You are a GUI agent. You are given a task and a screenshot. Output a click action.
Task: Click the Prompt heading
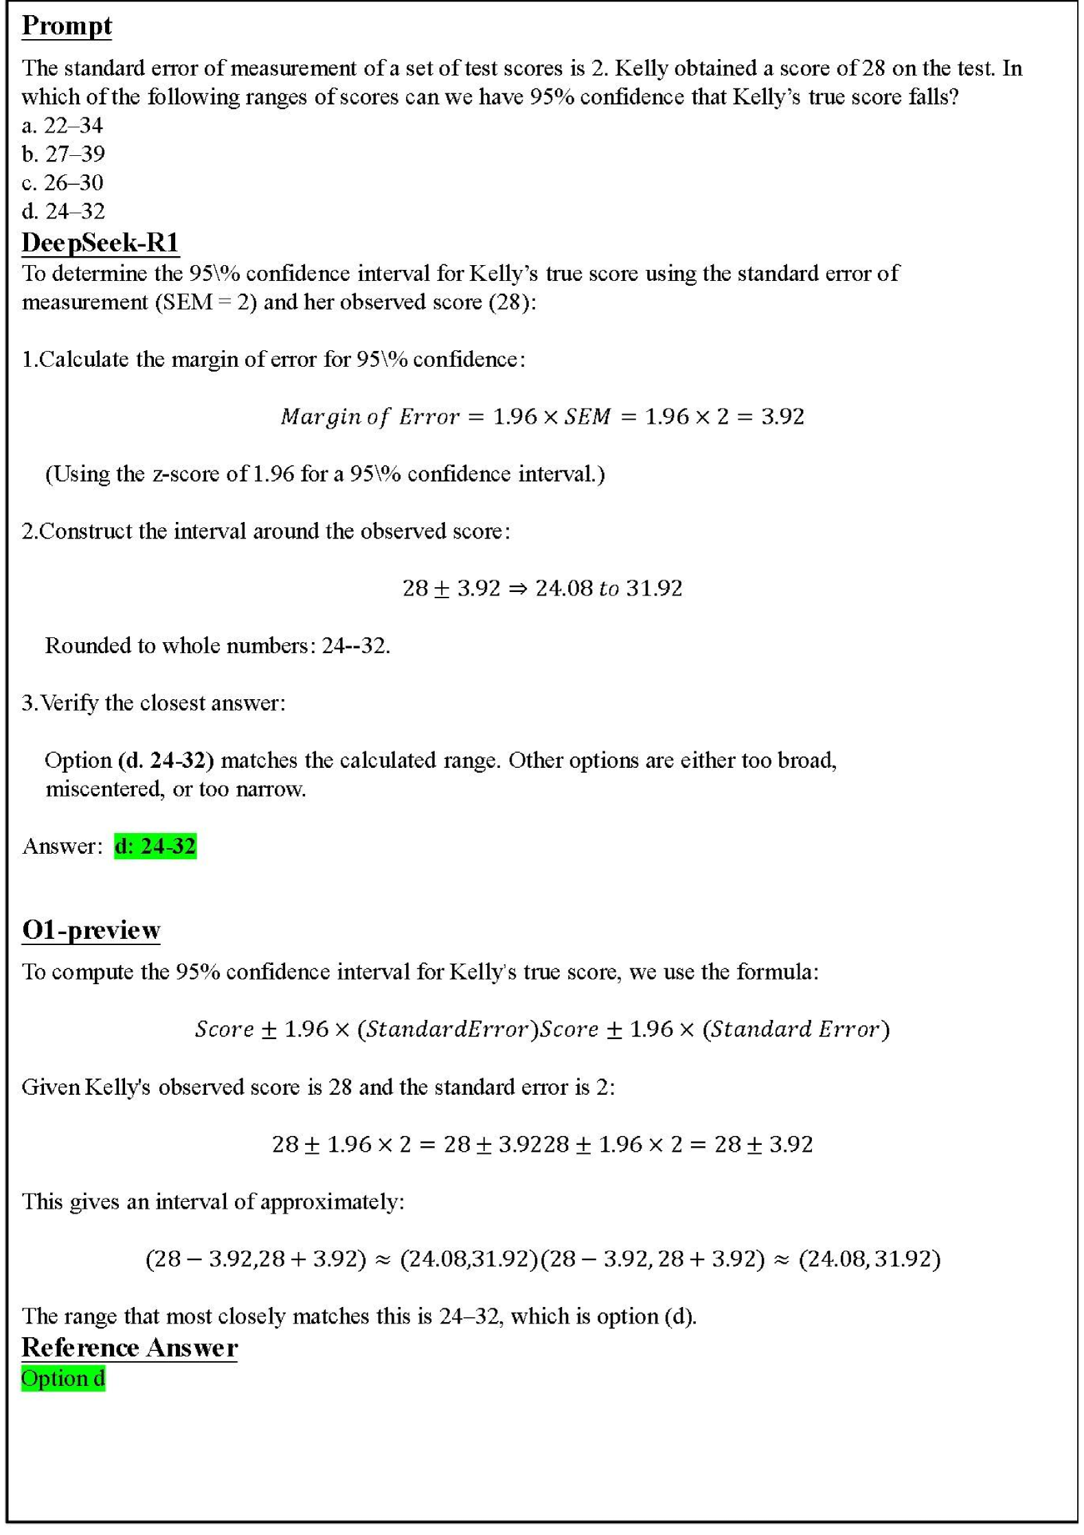pyautogui.click(x=67, y=26)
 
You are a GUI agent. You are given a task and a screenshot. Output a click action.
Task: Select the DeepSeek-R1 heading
pyautogui.click(x=100, y=242)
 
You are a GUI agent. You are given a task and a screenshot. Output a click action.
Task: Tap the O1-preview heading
pyautogui.click(x=91, y=929)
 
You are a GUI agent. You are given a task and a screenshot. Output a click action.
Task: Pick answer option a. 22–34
pyautogui.click(x=63, y=125)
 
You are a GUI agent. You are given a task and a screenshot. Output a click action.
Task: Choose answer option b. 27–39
pyautogui.click(x=63, y=154)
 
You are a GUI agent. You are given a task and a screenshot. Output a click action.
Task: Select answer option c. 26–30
pyautogui.click(x=63, y=183)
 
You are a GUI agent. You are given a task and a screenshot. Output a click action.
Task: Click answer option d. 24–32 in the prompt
pyautogui.click(x=63, y=211)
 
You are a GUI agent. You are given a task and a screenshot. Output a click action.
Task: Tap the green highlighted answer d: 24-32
pyautogui.click(x=155, y=845)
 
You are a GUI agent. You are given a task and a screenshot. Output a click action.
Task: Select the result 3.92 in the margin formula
pyautogui.click(x=782, y=416)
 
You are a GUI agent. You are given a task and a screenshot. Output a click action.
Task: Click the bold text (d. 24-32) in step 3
pyautogui.click(x=166, y=760)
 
